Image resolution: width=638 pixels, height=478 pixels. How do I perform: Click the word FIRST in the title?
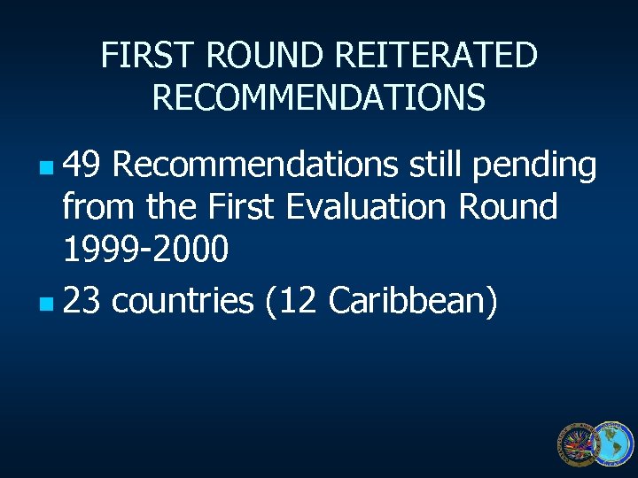click(x=149, y=56)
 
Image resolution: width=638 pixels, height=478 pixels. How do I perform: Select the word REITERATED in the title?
click(x=439, y=56)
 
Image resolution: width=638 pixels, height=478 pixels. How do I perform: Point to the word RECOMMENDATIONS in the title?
click(x=319, y=97)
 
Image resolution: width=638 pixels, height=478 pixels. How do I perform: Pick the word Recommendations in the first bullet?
click(x=256, y=165)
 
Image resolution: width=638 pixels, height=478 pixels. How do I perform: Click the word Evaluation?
click(x=370, y=208)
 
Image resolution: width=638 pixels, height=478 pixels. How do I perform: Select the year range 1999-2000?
click(x=145, y=251)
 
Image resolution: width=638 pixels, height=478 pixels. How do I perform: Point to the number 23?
click(x=82, y=302)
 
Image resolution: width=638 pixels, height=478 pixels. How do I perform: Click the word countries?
click(x=183, y=302)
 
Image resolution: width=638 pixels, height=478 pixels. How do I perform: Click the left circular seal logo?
click(x=578, y=444)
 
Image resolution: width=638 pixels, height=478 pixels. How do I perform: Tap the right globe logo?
click(x=613, y=443)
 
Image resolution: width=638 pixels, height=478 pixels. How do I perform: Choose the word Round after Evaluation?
click(x=508, y=208)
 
